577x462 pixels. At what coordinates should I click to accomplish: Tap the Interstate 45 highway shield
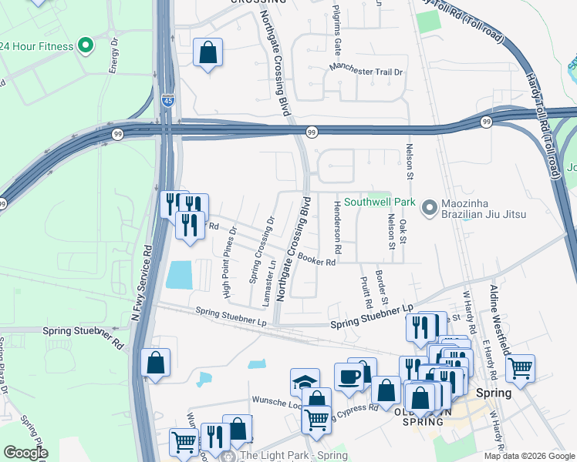[x=168, y=100]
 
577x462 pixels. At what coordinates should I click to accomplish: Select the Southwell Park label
[x=380, y=203]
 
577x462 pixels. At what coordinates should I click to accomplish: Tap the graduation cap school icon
[x=305, y=381]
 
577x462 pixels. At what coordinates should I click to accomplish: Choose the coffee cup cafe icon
[x=349, y=375]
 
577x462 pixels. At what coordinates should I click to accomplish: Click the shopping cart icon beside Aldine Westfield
[x=521, y=367]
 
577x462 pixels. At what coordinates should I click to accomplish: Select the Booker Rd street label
[x=316, y=261]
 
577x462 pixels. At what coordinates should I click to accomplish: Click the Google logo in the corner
[x=25, y=453]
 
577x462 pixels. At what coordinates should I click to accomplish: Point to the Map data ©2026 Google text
[x=528, y=456]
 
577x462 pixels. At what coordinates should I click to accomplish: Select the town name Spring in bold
[x=493, y=393]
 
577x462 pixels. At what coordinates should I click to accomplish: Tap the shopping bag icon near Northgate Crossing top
[x=208, y=52]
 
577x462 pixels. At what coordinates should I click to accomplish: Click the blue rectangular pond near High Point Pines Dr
[x=178, y=275]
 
